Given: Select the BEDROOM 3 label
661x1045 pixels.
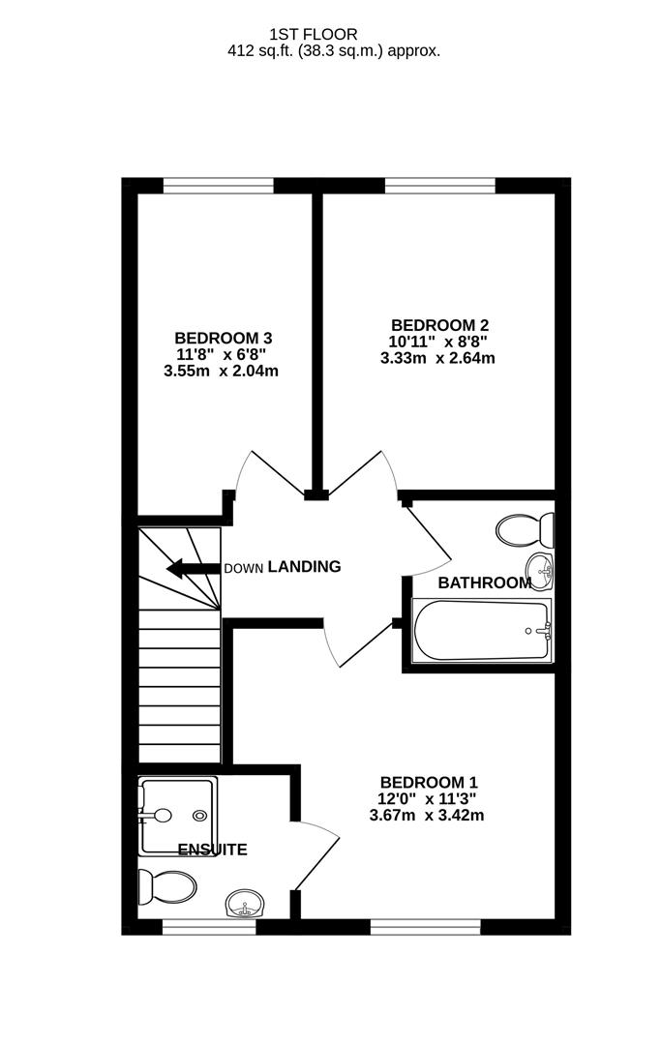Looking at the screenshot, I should point(223,338).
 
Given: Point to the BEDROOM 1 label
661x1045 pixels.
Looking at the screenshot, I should point(428,782).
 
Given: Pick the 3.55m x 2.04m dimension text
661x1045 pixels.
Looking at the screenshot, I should point(223,372).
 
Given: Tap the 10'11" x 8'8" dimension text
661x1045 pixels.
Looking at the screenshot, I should point(436,342).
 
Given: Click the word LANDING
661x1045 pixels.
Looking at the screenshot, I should point(304,567).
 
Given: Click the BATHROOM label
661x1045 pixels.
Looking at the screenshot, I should point(484,582).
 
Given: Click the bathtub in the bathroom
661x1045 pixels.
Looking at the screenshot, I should point(481,632).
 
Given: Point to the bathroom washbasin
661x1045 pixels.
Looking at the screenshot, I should point(541,571).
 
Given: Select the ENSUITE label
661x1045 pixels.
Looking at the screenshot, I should point(212,851).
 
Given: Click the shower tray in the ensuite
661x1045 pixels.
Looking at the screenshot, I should point(177,817).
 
